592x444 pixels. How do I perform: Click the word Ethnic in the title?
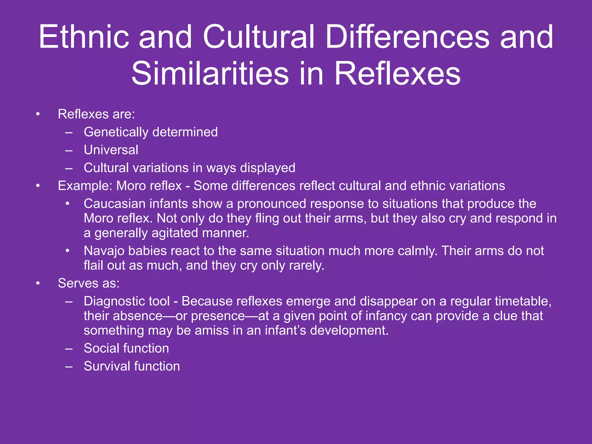click(x=84, y=37)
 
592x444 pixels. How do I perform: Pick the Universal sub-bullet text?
click(x=111, y=150)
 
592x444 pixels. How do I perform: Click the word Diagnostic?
click(x=127, y=301)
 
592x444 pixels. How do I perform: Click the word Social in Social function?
click(x=103, y=348)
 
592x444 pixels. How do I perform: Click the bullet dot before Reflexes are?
click(x=38, y=114)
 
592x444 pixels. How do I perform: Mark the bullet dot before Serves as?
click(x=38, y=284)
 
